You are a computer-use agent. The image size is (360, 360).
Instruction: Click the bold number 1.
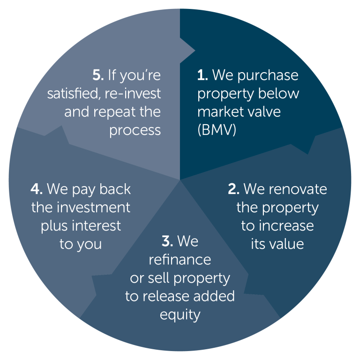pyautogui.click(x=202, y=75)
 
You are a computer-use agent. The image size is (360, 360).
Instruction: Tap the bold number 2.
pyautogui.click(x=234, y=189)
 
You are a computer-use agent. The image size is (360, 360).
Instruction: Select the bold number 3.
pyautogui.click(x=167, y=241)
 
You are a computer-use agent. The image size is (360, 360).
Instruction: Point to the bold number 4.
pyautogui.click(x=36, y=189)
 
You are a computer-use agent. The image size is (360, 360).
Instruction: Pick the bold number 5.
pyautogui.click(x=98, y=75)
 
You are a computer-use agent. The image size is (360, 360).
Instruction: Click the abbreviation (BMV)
pyautogui.click(x=217, y=130)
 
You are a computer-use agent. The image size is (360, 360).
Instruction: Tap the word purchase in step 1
pyautogui.click(x=268, y=76)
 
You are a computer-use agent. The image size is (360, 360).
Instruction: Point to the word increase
pyautogui.click(x=286, y=226)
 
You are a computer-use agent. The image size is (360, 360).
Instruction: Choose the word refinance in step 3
pyautogui.click(x=180, y=260)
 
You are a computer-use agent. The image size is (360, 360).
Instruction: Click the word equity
pyautogui.click(x=180, y=315)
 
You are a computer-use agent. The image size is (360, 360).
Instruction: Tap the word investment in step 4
pyautogui.click(x=93, y=208)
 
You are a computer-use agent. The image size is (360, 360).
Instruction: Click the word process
pyautogui.click(x=135, y=131)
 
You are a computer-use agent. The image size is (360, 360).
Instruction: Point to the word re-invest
pyautogui.click(x=133, y=94)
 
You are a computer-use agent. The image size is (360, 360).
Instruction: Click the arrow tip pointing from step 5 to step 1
pyautogui.click(x=195, y=51)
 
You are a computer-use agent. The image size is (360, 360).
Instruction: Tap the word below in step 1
pyautogui.click(x=278, y=93)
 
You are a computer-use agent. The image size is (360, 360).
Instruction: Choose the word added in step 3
pyautogui.click(x=214, y=296)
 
